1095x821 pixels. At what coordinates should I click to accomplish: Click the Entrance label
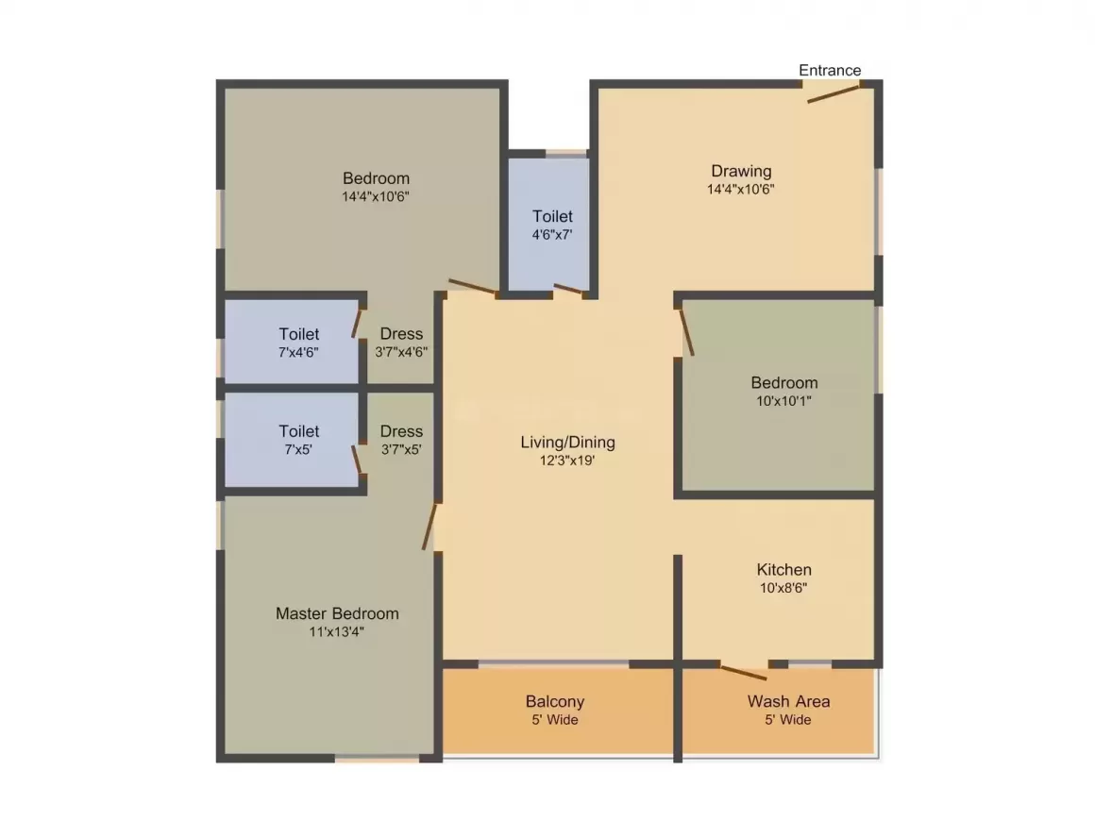830,70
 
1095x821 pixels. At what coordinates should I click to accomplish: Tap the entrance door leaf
834,93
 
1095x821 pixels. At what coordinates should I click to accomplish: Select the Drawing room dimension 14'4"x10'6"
740,189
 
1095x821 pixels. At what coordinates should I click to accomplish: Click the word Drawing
741,171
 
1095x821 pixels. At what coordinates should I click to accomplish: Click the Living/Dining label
567,442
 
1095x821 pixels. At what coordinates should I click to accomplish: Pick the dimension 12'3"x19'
567,461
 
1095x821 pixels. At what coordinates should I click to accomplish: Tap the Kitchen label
783,570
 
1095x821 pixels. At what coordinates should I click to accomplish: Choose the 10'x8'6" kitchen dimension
783,588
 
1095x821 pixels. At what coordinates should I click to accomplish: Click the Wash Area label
788,701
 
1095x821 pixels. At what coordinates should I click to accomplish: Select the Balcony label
555,701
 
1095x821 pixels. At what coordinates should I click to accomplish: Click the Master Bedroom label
337,613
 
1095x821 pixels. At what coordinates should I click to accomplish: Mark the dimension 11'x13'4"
337,632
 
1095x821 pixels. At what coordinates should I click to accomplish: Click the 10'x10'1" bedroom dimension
783,401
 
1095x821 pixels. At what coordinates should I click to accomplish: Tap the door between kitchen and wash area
744,672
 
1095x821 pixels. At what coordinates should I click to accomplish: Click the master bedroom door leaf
430,527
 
